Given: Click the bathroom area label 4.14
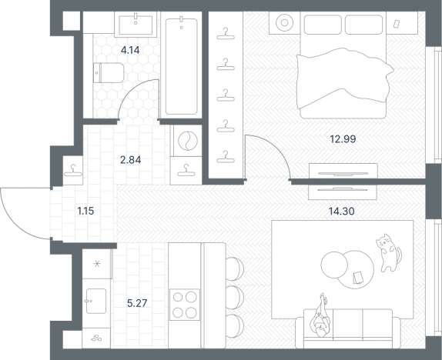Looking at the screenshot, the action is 130,51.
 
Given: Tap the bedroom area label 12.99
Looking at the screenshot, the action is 343,139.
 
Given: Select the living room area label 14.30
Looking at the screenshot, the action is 342,211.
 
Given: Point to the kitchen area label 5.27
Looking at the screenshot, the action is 137,303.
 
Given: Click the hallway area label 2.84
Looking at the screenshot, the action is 130,160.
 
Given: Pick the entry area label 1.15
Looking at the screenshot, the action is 85,211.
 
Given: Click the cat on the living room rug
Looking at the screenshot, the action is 388,252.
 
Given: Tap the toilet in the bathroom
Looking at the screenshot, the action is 109,72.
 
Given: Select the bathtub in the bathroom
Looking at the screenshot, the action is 181,66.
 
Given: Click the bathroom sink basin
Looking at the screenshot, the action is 136,25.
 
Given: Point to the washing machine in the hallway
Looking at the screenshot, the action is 186,140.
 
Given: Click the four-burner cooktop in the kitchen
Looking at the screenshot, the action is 185,305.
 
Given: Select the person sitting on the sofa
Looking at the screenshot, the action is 320,318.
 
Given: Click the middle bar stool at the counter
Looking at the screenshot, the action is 235,298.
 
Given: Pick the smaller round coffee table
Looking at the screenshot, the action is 334,265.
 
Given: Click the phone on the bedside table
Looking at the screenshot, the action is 397,24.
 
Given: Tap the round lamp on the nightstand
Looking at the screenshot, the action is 284,22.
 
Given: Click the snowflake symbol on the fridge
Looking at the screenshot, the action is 97,264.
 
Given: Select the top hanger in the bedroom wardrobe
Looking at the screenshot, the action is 226,34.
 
